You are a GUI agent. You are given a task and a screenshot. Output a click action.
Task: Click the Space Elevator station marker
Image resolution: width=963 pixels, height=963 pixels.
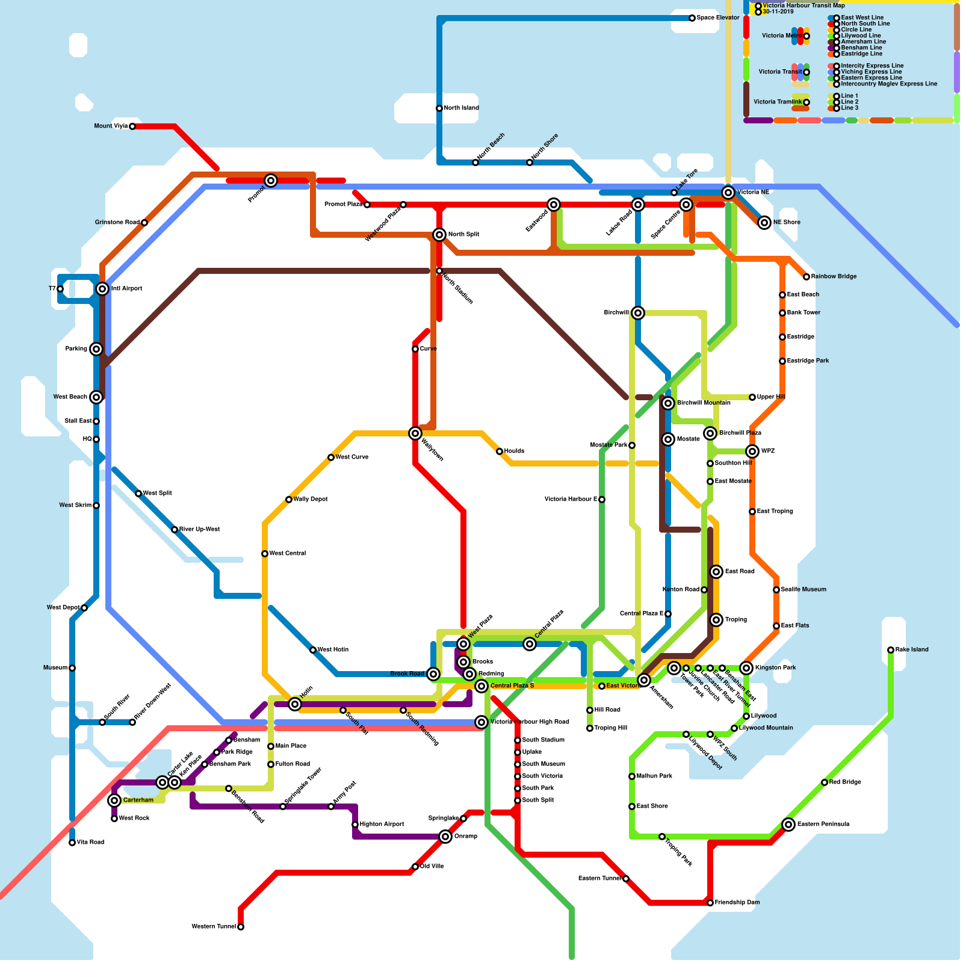pyautogui.click(x=692, y=18)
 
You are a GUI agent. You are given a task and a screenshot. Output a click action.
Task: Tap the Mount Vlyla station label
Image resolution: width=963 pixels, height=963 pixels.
pyautogui.click(x=111, y=126)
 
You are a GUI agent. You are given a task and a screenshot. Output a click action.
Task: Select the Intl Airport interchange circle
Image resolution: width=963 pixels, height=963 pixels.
pyautogui.click(x=102, y=289)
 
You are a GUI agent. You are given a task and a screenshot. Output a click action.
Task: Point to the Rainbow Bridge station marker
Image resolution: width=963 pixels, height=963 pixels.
pyautogui.click(x=807, y=277)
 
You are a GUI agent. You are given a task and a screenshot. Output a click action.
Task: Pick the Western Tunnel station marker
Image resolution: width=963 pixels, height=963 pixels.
pyautogui.click(x=241, y=927)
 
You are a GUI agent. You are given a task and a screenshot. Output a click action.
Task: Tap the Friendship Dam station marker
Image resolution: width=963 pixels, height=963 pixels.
pyautogui.click(x=710, y=903)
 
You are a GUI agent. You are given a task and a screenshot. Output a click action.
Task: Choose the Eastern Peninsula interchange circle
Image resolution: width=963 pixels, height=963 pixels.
pyautogui.click(x=788, y=825)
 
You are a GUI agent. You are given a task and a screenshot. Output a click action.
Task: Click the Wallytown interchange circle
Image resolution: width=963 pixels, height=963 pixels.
pyautogui.click(x=415, y=433)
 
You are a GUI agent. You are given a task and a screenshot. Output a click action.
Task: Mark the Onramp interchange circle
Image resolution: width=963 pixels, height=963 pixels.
pyautogui.click(x=445, y=837)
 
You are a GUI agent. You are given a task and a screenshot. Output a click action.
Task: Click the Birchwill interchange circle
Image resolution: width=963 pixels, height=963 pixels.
pyautogui.click(x=638, y=313)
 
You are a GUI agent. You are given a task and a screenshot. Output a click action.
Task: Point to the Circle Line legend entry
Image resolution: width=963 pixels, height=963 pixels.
pyautogui.click(x=856, y=30)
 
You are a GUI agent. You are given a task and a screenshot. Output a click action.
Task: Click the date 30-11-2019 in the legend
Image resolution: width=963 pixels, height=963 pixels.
pyautogui.click(x=778, y=12)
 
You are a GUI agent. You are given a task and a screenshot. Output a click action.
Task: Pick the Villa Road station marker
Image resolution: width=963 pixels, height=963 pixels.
pyautogui.click(x=72, y=843)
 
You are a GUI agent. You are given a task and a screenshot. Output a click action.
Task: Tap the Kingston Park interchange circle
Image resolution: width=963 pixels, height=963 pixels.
pyautogui.click(x=746, y=668)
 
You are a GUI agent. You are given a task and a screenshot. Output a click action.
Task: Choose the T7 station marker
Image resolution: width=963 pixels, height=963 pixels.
pyautogui.click(x=60, y=289)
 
